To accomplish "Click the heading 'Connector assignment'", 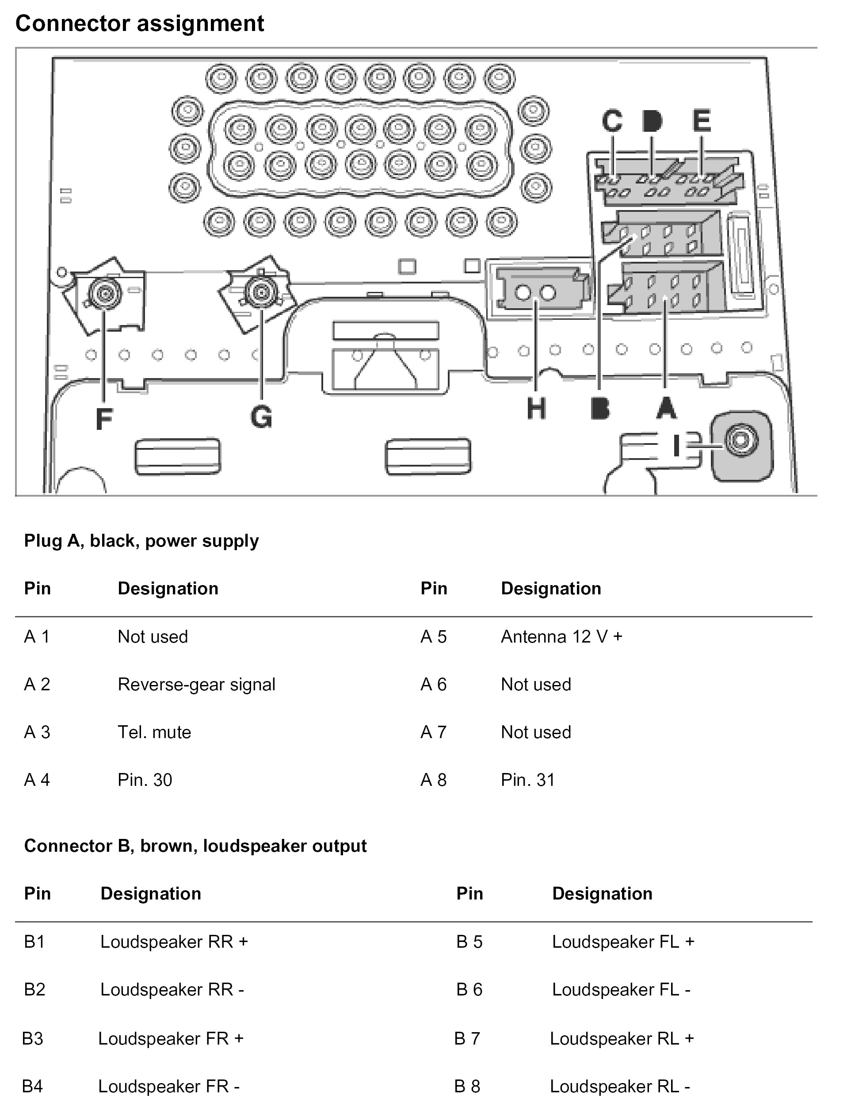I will click(x=140, y=24).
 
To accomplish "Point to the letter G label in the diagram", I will click(x=261, y=417).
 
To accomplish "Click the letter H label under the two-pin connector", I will click(x=536, y=408).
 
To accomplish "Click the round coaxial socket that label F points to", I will click(x=104, y=293).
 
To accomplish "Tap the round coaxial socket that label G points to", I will click(x=261, y=292).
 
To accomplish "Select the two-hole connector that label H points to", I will click(x=536, y=293).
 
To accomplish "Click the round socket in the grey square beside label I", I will click(x=740, y=440).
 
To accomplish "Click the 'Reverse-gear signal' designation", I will click(x=197, y=685).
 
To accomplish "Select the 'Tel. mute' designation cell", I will click(x=154, y=732).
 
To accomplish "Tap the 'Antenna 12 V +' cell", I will click(x=561, y=636).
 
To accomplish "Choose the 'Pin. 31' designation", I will click(x=528, y=780).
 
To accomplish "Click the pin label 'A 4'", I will click(x=37, y=780).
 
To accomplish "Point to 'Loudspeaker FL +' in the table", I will click(x=623, y=942).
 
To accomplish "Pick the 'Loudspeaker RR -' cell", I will click(x=172, y=989).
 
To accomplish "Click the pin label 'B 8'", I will click(x=467, y=1086).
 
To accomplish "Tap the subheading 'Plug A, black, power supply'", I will click(x=141, y=541).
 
